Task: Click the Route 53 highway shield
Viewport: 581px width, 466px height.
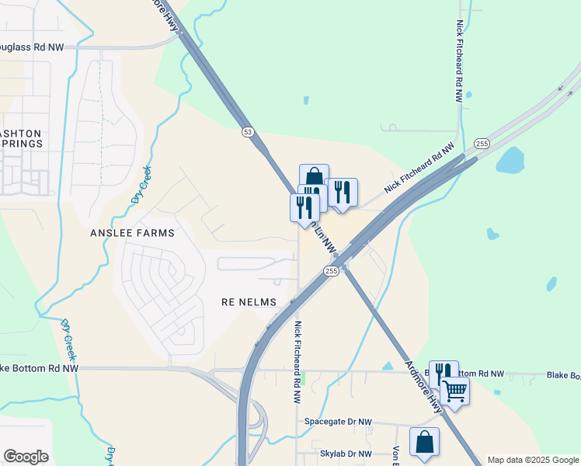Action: (x=247, y=132)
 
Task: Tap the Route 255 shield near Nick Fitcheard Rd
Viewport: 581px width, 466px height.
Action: (x=482, y=144)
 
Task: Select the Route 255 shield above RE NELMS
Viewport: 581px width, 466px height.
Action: (x=331, y=271)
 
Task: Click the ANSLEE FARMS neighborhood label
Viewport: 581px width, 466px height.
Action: (x=144, y=232)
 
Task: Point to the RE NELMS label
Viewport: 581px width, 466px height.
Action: (x=249, y=301)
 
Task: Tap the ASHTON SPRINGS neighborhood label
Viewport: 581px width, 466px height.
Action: (x=21, y=139)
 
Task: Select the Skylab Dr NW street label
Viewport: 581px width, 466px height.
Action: (x=346, y=453)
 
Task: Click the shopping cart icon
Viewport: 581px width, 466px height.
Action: (x=454, y=391)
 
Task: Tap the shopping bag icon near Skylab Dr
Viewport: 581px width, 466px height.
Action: (x=424, y=442)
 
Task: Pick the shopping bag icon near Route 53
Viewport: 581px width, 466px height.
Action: (x=314, y=178)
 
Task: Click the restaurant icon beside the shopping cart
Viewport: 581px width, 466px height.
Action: (x=443, y=374)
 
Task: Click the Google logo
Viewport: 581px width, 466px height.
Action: (x=26, y=457)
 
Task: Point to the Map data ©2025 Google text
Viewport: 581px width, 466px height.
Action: (x=532, y=460)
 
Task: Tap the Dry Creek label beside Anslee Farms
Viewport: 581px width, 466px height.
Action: (x=141, y=184)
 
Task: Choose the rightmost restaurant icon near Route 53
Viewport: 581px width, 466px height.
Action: (x=342, y=192)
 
